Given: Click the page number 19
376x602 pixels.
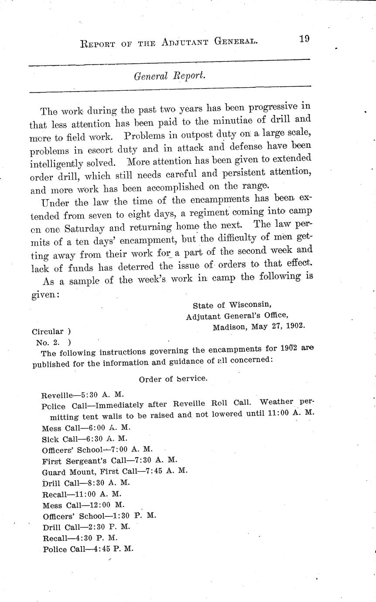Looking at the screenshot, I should click(x=304, y=39).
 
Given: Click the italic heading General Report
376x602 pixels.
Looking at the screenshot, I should click(x=169, y=75).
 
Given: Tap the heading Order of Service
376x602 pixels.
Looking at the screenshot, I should click(x=173, y=379).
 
